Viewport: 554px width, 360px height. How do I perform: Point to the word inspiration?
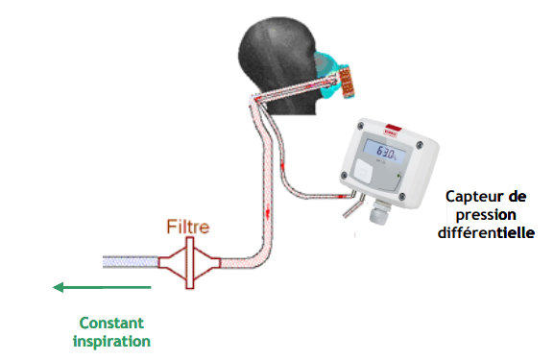[114, 340]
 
